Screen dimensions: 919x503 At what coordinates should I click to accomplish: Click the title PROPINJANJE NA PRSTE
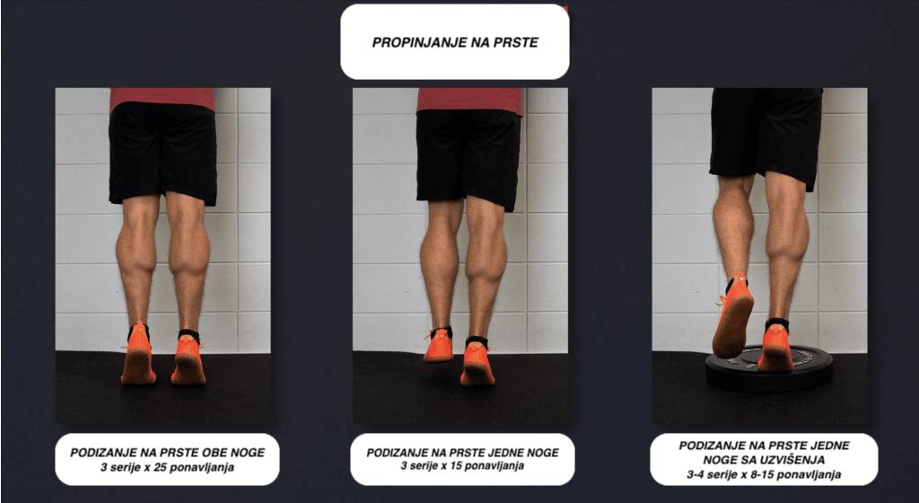pos(455,42)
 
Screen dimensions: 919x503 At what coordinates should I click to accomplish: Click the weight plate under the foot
pos(769,369)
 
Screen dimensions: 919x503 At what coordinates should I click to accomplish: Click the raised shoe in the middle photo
pos(438,345)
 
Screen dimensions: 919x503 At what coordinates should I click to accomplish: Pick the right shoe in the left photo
pos(188,358)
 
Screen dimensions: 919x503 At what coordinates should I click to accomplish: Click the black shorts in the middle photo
pos(468,157)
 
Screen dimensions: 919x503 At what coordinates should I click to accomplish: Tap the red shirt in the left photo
pos(162,99)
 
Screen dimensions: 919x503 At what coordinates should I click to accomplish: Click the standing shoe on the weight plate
pos(776,349)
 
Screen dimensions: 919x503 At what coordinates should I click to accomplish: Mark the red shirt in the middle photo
pos(468,101)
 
